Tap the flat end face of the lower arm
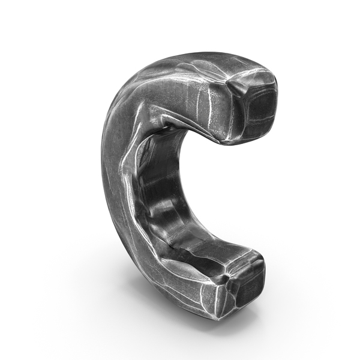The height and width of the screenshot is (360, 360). tap(246, 281)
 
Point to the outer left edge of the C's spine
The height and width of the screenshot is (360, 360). tap(103, 180)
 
